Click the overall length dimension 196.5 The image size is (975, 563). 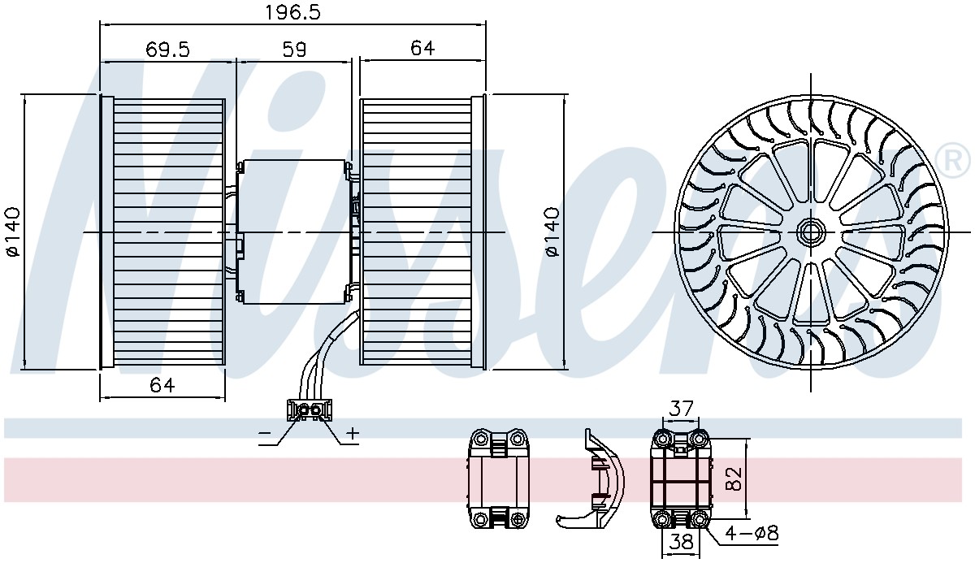(292, 13)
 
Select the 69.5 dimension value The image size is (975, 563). (167, 50)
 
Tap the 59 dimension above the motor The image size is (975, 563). (294, 50)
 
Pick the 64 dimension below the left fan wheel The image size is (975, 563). (162, 385)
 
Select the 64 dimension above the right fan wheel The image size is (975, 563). (422, 48)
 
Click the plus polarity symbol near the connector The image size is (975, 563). (353, 433)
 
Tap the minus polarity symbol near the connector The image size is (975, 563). (265, 433)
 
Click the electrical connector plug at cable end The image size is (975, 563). (309, 409)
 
